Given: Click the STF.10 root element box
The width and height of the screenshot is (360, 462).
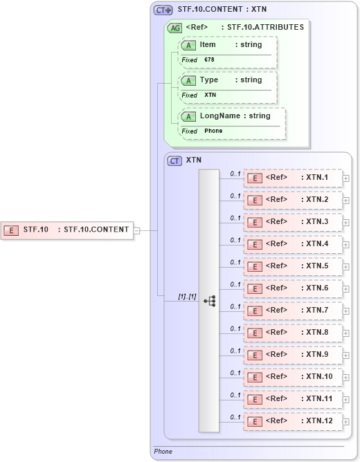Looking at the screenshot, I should coord(67,230).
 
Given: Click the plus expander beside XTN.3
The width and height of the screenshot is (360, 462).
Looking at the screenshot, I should coord(346,222).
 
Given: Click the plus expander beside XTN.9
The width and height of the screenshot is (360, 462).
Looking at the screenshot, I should coord(346,355).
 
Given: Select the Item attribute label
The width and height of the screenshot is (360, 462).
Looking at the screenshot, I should coord(208,44).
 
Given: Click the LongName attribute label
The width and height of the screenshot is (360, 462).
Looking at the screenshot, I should coord(220,115).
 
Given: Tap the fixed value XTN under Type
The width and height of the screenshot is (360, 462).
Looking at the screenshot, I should coord(210,95).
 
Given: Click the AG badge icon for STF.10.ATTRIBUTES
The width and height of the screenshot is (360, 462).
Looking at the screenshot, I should coord(175,28).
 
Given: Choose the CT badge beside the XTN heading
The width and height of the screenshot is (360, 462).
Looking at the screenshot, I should coord(175,160).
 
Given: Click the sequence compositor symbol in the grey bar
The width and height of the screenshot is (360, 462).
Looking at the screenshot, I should coord(209,301).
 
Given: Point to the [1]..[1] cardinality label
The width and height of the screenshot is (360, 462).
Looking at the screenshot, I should coord(187,297).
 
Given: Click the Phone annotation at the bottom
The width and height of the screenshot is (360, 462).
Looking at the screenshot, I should coord(163,452).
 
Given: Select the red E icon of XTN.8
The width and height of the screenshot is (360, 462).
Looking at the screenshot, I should coord(255,333).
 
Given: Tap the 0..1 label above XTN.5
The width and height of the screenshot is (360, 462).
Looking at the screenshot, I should coord(235,262).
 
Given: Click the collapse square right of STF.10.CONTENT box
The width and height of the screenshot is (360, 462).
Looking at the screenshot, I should coord(136,230).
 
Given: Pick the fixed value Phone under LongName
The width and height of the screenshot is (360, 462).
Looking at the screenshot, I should coord(213,131).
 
